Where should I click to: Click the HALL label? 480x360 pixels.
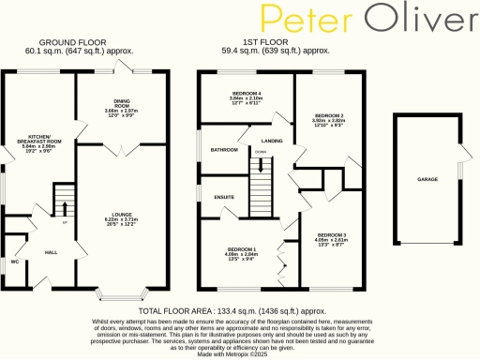(51, 252)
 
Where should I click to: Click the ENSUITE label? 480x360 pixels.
(223, 198)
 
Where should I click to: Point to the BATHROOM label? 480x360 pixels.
(223, 150)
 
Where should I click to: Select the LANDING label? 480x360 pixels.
(272, 140)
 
